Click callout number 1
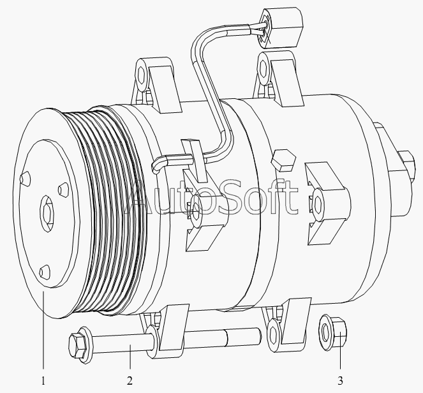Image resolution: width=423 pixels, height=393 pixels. click(43, 381)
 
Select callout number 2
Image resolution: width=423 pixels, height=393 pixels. click(130, 381)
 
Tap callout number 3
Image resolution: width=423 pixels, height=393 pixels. click(340, 381)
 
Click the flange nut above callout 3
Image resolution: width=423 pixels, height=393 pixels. click(332, 334)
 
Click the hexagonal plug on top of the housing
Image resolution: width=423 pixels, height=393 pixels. click(283, 160)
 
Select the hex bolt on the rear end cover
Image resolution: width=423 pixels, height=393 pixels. click(405, 165)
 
